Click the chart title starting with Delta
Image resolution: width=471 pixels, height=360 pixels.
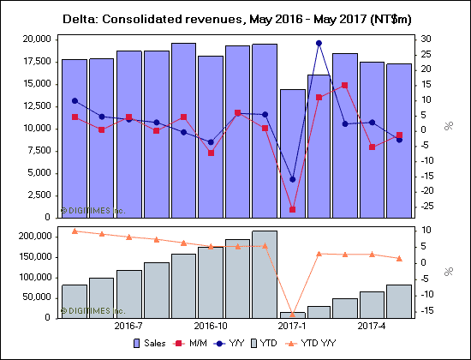[x=235, y=18]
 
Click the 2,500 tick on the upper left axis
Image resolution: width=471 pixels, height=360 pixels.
[x=35, y=195]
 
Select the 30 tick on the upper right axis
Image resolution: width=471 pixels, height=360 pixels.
[x=424, y=39]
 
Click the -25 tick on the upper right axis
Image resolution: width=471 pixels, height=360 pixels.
[x=426, y=206]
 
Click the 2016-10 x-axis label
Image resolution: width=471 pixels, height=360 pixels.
[x=211, y=327]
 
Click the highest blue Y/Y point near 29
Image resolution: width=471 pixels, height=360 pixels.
[x=319, y=43]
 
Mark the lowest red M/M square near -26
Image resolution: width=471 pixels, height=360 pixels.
[x=292, y=209]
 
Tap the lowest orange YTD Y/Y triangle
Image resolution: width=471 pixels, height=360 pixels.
[x=292, y=314]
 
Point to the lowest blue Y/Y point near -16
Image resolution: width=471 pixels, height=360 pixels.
[x=292, y=179]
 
